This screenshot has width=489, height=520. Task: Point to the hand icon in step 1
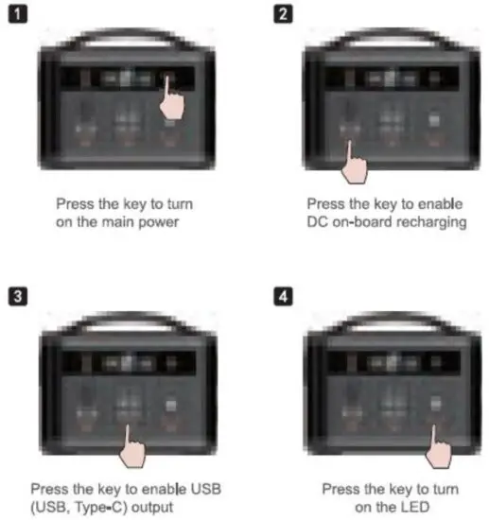pos(170,98)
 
